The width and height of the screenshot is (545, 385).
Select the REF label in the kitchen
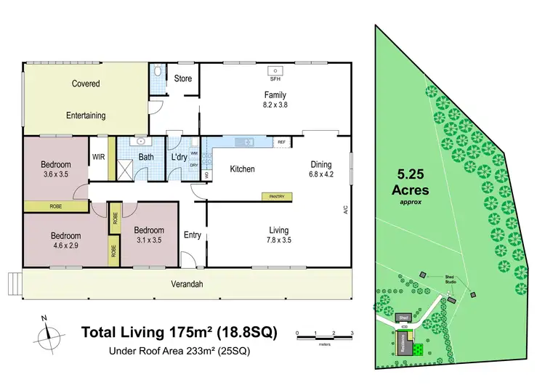(280, 143)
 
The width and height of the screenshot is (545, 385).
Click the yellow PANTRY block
(278, 196)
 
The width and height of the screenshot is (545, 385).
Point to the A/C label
(347, 211)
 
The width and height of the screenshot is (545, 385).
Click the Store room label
(183, 78)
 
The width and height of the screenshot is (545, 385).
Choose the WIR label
(97, 156)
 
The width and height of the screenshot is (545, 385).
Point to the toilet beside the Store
(158, 74)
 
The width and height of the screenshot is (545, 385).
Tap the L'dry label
(179, 156)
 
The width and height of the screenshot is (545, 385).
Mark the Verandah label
(186, 284)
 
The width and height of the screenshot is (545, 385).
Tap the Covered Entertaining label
(86, 100)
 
